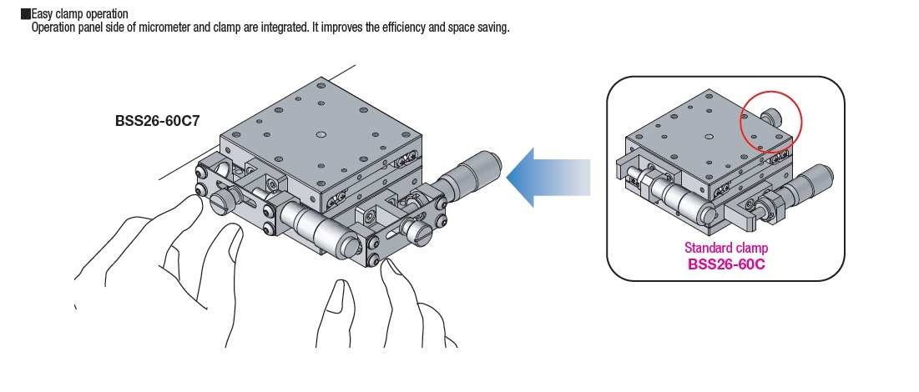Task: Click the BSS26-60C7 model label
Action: click(x=157, y=120)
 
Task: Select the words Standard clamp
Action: click(x=725, y=248)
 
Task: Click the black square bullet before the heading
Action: click(x=26, y=14)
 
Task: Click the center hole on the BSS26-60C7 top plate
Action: click(x=321, y=133)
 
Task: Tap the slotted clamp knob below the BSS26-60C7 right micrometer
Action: click(x=417, y=230)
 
